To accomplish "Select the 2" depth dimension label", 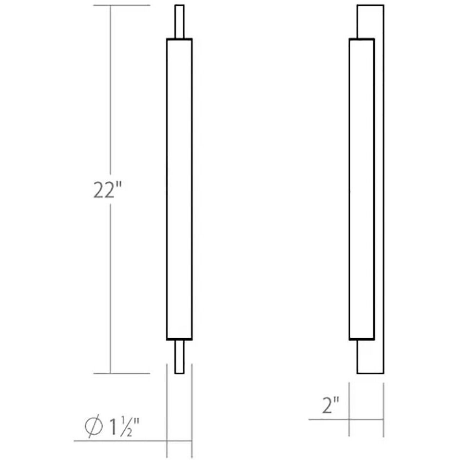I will click(330, 405).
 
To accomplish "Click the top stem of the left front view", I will click(179, 21).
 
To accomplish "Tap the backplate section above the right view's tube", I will click(370, 20).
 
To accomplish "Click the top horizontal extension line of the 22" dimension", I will click(122, 6).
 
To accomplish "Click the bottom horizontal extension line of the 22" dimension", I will click(122, 374).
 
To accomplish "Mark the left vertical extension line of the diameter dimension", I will click(167, 414).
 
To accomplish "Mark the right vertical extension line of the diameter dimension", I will click(192, 414).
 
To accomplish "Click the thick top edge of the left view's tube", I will click(179, 39).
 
